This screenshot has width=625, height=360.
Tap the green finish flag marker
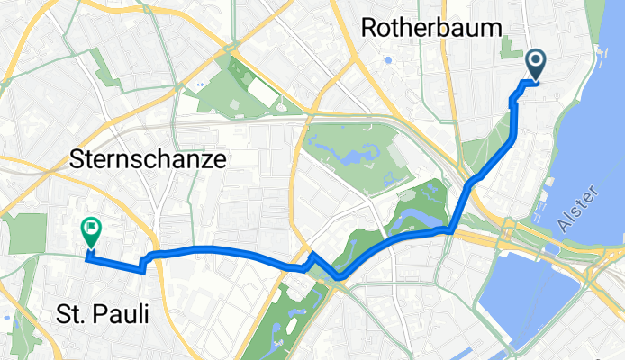pyautogui.click(x=92, y=231)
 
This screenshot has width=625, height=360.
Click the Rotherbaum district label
pyautogui.click(x=430, y=28)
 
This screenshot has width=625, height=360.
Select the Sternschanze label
pyautogui.click(x=147, y=160)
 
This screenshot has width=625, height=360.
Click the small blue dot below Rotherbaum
pyautogui.click(x=388, y=61)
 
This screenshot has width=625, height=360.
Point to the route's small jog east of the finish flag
pyautogui.click(x=142, y=264)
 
